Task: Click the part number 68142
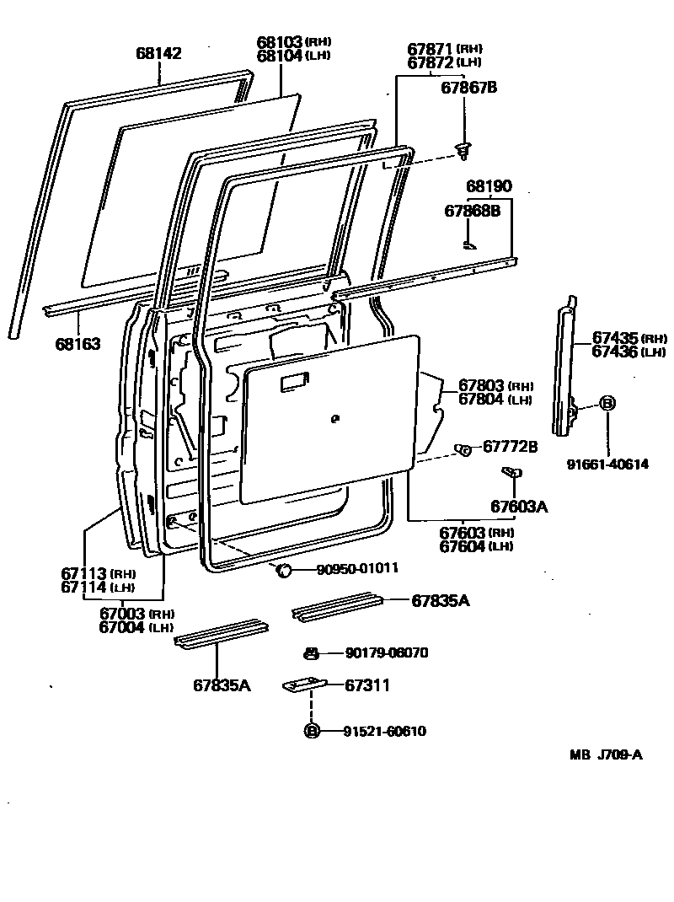pos(158,54)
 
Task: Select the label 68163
pos(78,343)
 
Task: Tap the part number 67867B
pos(469,86)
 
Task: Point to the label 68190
pos(489,186)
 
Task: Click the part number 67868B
pos(472,211)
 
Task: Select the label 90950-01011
pos(357,569)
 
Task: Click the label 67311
pos(367,685)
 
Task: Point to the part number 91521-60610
pos(384,731)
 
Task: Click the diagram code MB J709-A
pos(605,754)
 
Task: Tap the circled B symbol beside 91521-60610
pos(312,731)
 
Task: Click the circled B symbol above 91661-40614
pos(607,404)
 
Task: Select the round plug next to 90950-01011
pos(284,572)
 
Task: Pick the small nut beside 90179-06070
pos(311,652)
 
